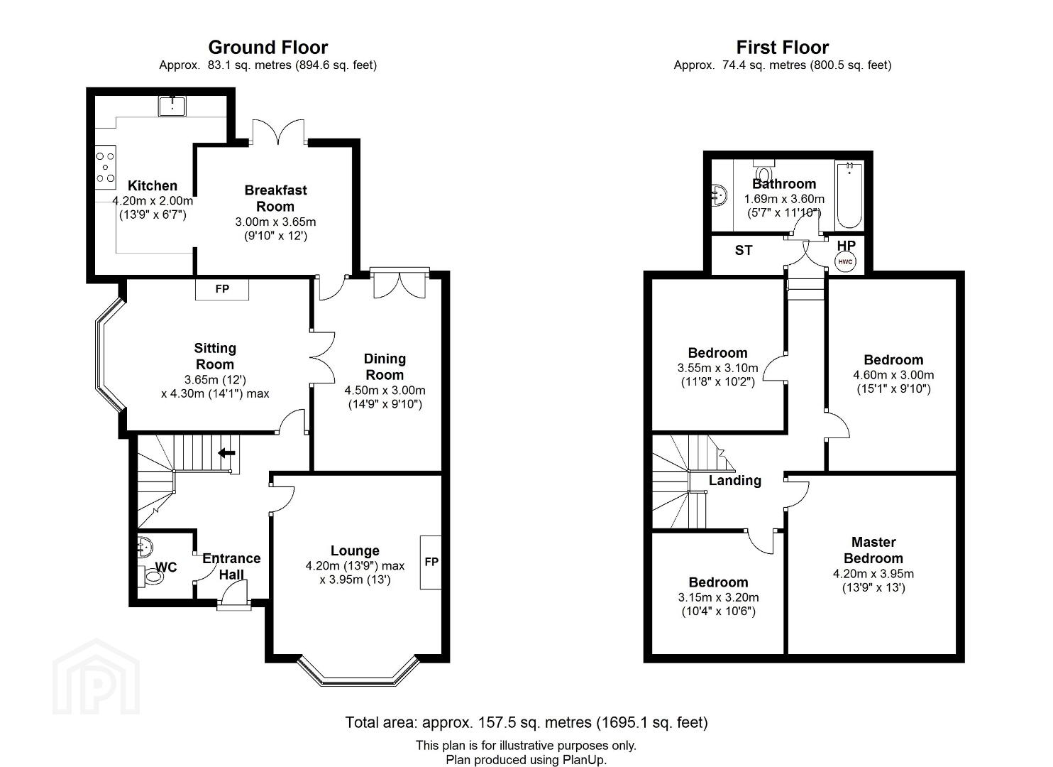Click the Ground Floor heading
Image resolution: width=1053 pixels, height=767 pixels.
coord(268,48)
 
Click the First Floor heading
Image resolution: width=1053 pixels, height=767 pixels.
coord(782,48)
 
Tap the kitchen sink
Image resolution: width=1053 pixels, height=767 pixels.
coord(172,106)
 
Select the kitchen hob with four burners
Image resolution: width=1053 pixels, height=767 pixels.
coord(105,167)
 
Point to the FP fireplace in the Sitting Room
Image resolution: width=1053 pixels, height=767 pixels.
coord(222,289)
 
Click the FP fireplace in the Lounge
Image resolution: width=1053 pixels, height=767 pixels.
coord(431,562)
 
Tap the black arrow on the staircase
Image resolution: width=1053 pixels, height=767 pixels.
coord(226,453)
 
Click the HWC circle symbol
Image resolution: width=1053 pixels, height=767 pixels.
coord(845,262)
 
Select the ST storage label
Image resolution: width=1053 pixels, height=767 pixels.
coord(743,251)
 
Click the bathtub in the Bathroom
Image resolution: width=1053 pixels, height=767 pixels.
coord(849,195)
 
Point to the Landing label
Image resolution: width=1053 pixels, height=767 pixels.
coord(734,480)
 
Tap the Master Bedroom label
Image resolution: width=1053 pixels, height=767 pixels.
coord(873,550)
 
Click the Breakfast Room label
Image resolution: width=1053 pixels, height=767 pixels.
coord(275,198)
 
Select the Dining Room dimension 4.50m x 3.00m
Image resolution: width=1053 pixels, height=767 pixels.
coord(385,391)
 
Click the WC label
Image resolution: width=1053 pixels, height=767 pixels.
coord(166,567)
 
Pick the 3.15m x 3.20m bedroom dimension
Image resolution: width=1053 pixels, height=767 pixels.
coord(718,597)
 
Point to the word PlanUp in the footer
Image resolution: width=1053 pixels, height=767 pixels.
coord(587,760)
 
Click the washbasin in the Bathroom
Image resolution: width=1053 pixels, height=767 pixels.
coord(720,194)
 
